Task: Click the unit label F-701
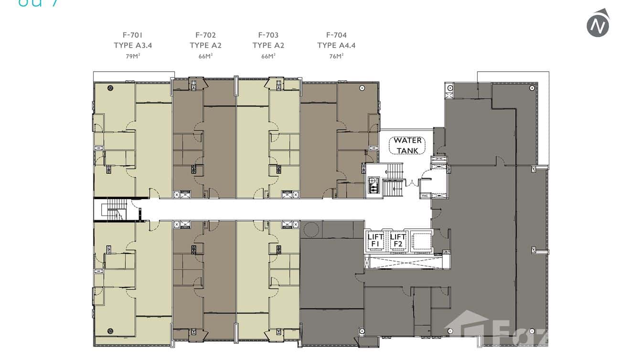pyautogui.click(x=132, y=35)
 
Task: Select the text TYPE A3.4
pyautogui.click(x=132, y=45)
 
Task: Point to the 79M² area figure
pyautogui.click(x=132, y=56)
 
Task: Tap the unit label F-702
pyautogui.click(x=205, y=35)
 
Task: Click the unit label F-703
pyautogui.click(x=268, y=35)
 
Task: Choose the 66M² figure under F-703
pyautogui.click(x=268, y=56)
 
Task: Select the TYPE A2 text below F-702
pyautogui.click(x=205, y=45)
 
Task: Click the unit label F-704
pyautogui.click(x=336, y=35)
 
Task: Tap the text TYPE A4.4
pyautogui.click(x=336, y=45)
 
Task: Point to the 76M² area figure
pyautogui.click(x=336, y=56)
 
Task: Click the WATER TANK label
pyautogui.click(x=407, y=145)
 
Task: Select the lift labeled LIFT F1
pyautogui.click(x=375, y=241)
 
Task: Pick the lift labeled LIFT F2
pyautogui.click(x=397, y=241)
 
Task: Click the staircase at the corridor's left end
pyautogui.click(x=115, y=210)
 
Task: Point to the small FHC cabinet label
pyautogui.click(x=424, y=196)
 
